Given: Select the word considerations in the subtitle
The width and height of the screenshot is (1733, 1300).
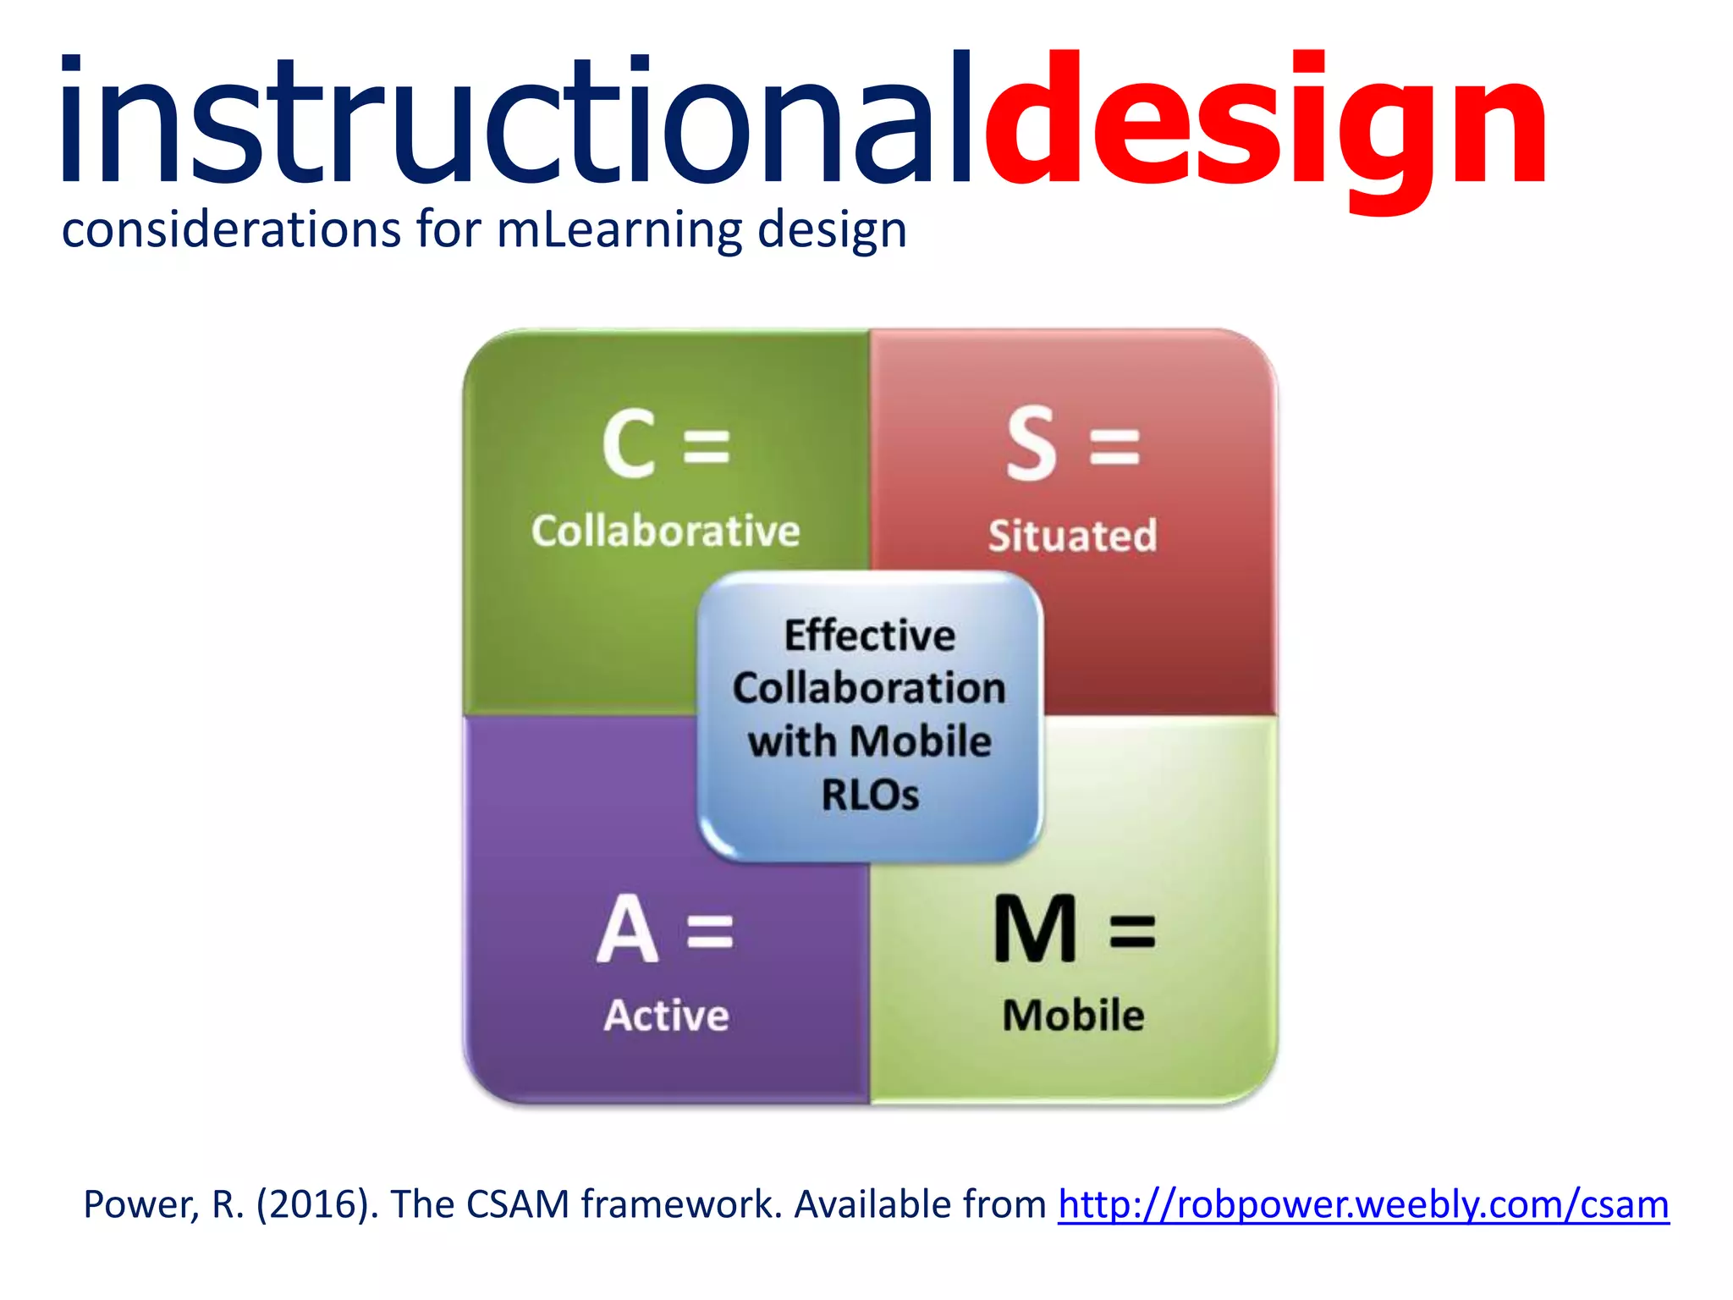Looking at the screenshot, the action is (231, 230).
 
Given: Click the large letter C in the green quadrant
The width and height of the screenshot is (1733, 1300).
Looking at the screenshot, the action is (629, 443).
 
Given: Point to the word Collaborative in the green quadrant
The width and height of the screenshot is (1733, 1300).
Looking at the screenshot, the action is (666, 532).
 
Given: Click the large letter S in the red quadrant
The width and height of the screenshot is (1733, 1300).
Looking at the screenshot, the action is (1032, 443).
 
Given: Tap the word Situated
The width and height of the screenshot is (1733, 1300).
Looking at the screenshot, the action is (1073, 536).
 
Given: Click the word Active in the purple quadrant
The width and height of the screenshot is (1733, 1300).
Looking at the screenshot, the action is (666, 1016).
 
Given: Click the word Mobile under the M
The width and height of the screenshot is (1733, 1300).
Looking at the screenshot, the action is (1073, 1016).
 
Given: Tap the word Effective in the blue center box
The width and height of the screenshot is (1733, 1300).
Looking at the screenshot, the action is (870, 636).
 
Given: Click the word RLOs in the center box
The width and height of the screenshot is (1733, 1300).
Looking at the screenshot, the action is (870, 795).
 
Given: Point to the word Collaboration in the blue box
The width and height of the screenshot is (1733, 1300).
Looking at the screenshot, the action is (870, 688).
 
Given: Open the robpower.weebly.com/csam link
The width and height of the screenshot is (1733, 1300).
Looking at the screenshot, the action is (1363, 1204).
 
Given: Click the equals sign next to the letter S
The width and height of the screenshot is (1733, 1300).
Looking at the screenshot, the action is (1114, 446).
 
